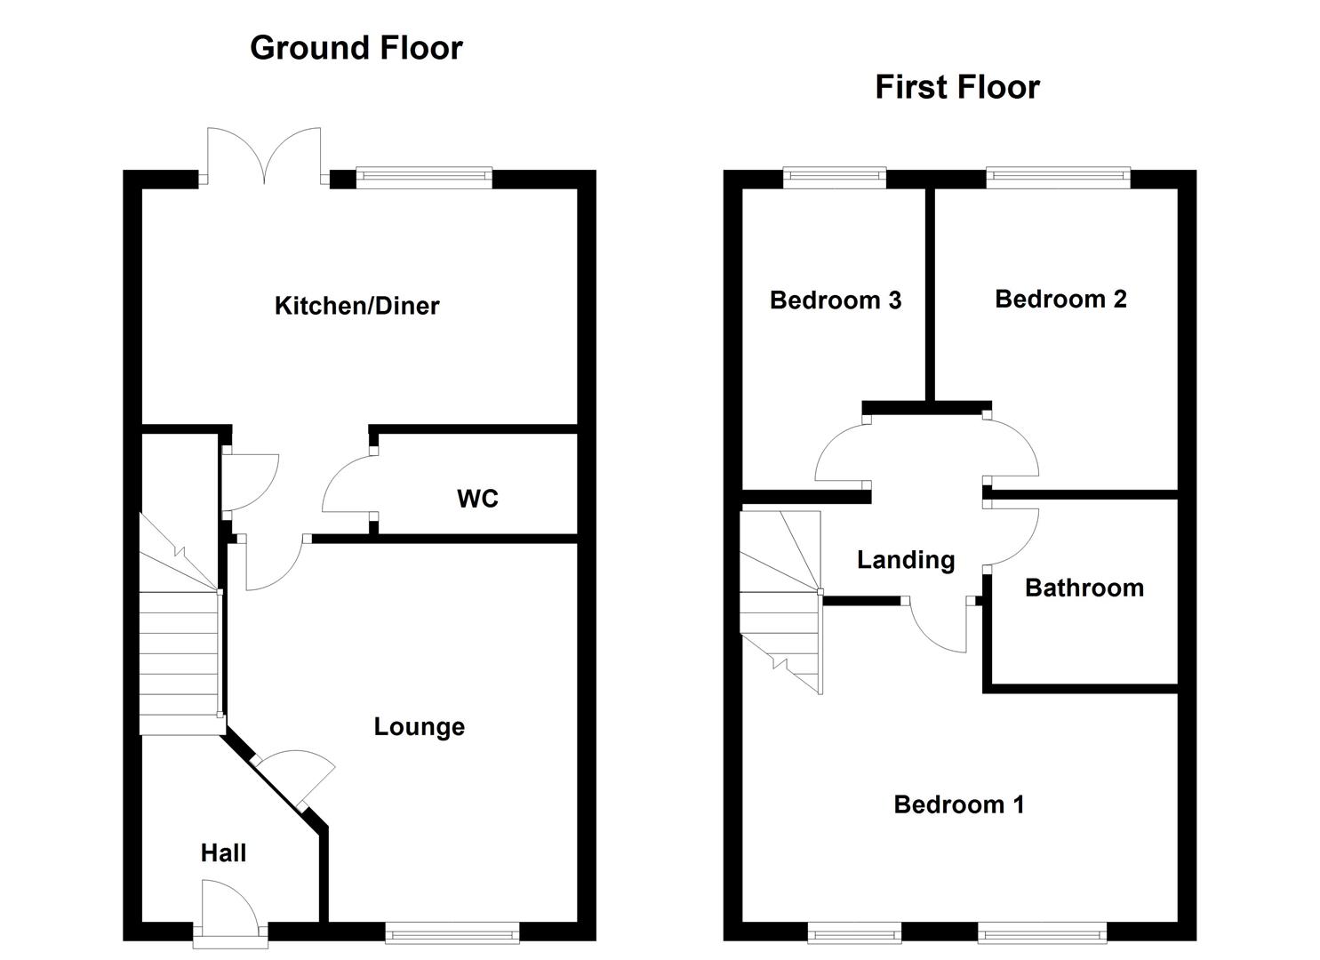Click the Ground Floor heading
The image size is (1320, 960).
pyautogui.click(x=356, y=48)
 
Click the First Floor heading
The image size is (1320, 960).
pyautogui.click(x=957, y=87)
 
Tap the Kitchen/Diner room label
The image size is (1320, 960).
pyautogui.click(x=356, y=306)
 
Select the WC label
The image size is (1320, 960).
pyautogui.click(x=477, y=499)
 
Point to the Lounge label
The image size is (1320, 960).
pyautogui.click(x=419, y=727)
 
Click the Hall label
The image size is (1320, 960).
pyautogui.click(x=223, y=853)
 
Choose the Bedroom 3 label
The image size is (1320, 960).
pyautogui.click(x=836, y=300)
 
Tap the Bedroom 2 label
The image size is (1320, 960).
pyautogui.click(x=1060, y=299)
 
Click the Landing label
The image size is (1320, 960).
pyautogui.click(x=906, y=560)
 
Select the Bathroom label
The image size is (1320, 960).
pyautogui.click(x=1084, y=588)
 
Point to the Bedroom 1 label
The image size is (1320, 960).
pyautogui.click(x=959, y=804)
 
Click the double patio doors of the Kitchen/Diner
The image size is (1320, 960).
pyautogui.click(x=264, y=158)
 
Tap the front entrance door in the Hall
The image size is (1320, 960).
pyautogui.click(x=229, y=907)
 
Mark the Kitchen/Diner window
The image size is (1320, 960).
pyautogui.click(x=424, y=178)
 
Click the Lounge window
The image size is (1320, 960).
pyautogui.click(x=452, y=932)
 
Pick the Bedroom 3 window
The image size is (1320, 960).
pyautogui.click(x=835, y=178)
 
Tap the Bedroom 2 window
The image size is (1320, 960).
pyautogui.click(x=1058, y=178)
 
